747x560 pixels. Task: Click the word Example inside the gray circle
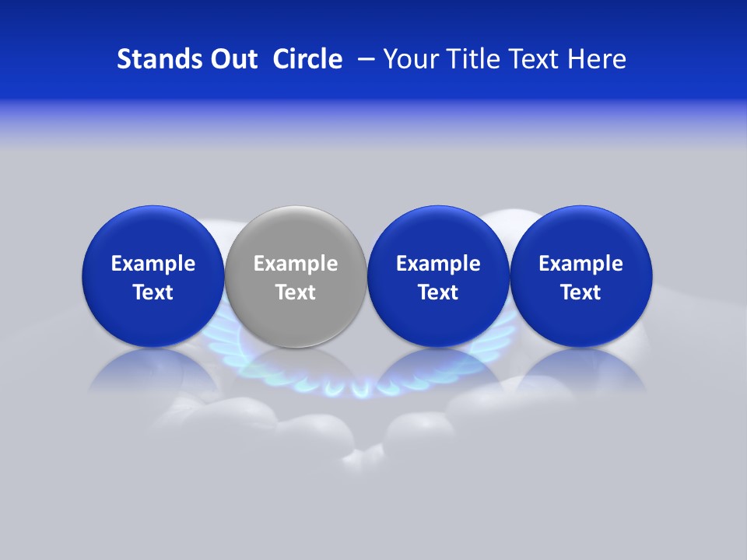coord(296,264)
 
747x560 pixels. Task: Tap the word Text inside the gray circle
coord(296,292)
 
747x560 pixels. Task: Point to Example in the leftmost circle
coord(153,264)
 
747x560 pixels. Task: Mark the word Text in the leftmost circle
coord(153,292)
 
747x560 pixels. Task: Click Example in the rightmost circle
coord(581,264)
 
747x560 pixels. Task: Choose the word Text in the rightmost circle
coord(581,292)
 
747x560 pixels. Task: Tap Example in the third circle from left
coord(438,264)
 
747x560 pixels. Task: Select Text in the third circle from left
coord(438,292)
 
